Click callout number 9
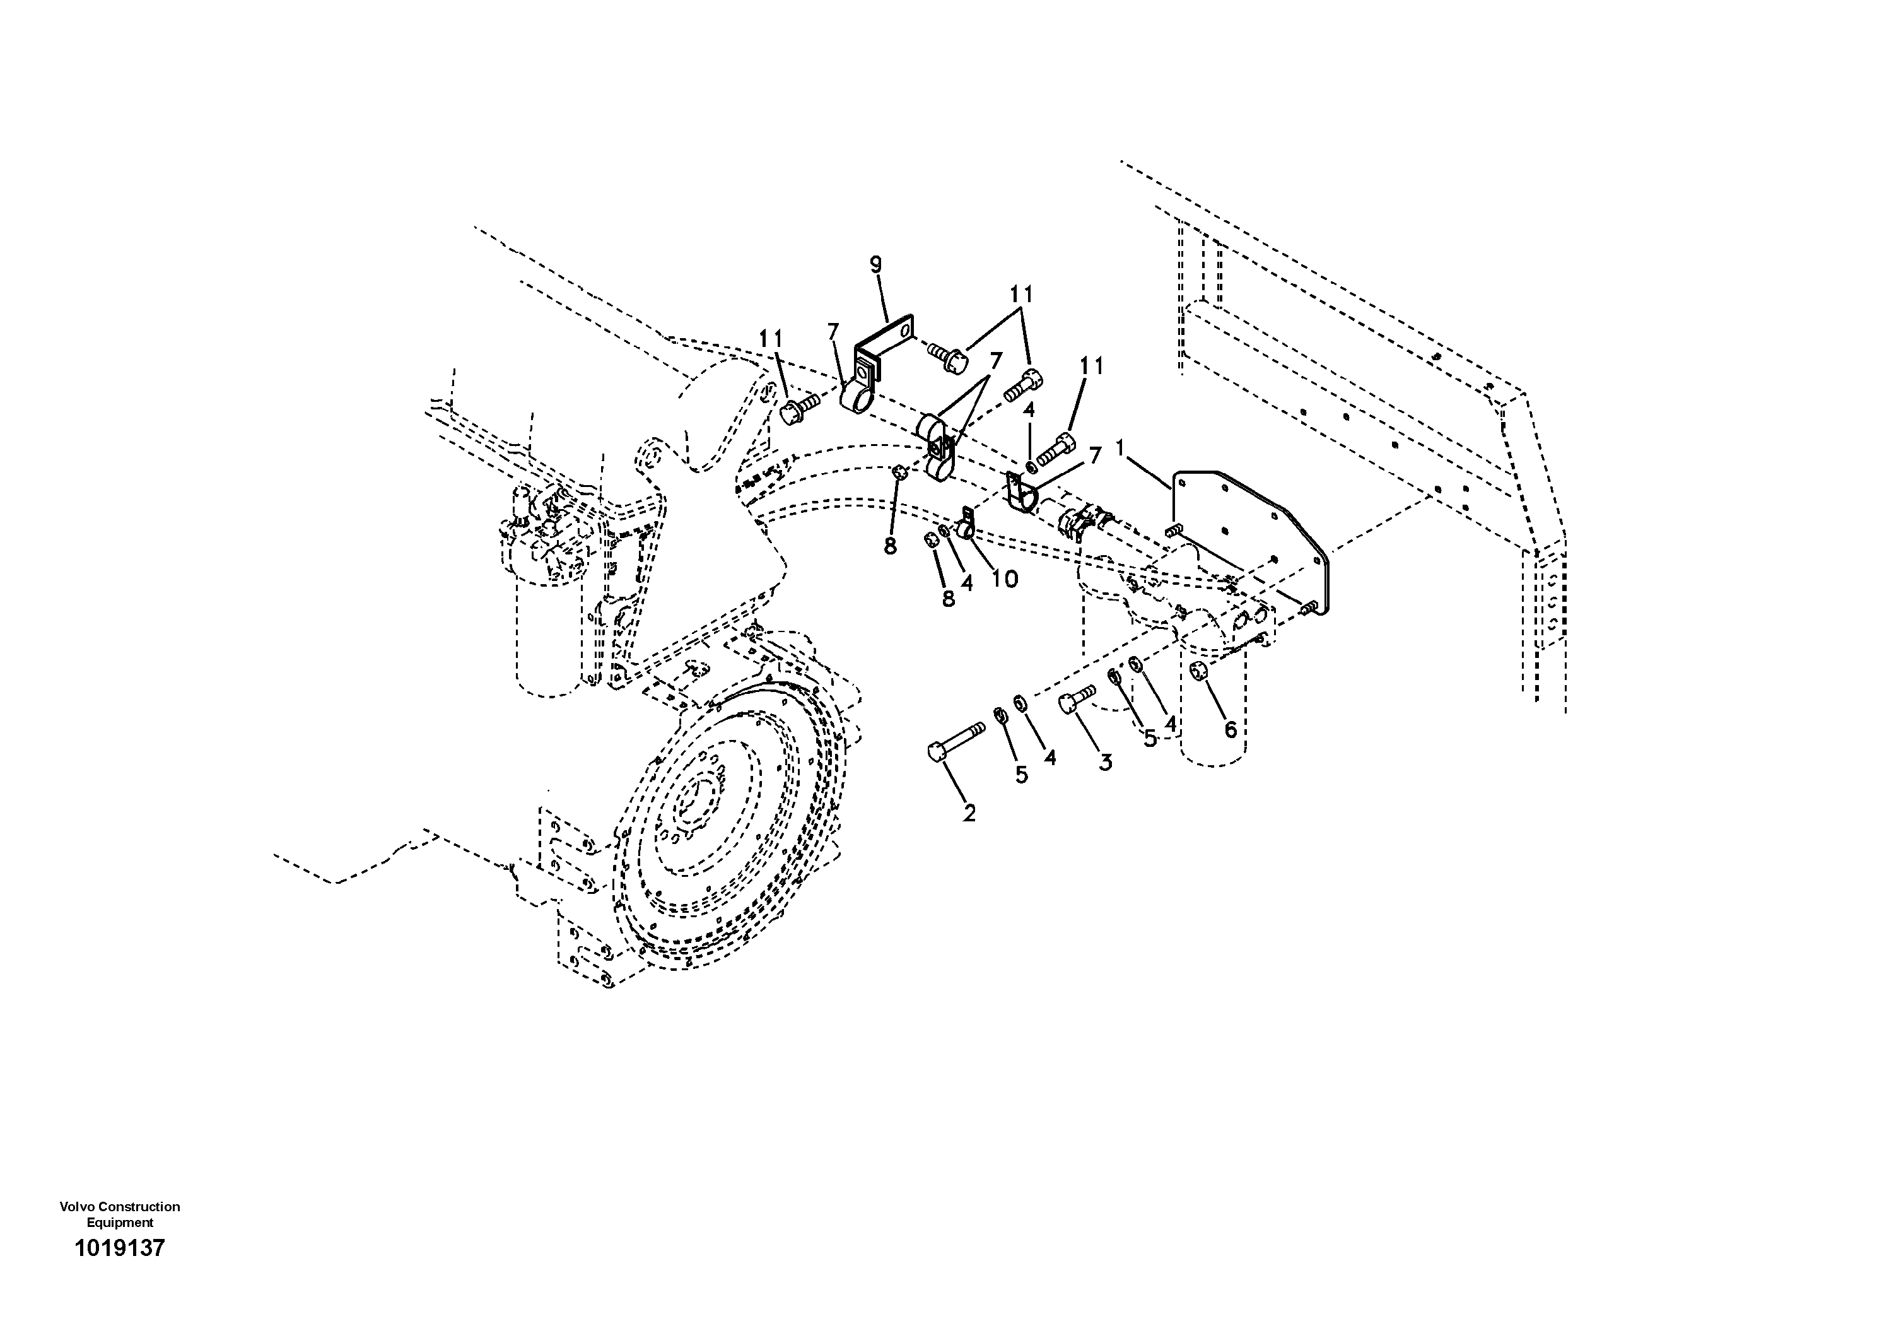[x=875, y=265]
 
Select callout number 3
[x=1105, y=763]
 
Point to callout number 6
[x=1231, y=729]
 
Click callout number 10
[x=1004, y=579]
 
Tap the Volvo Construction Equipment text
[x=119, y=1214]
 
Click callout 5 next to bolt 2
[x=1021, y=774]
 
